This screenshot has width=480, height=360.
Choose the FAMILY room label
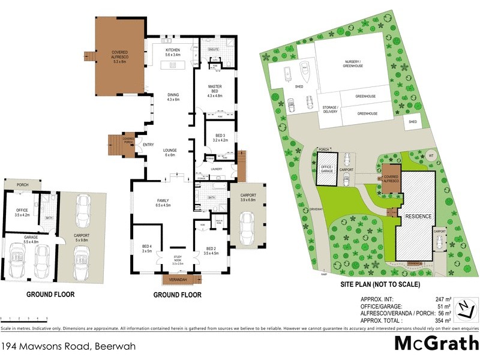[163, 203]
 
